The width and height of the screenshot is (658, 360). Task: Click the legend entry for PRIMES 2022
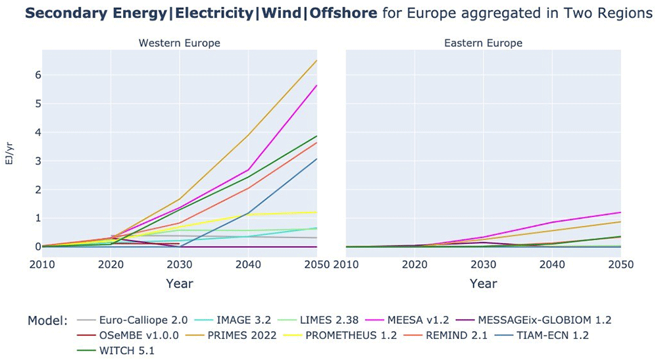[235, 335]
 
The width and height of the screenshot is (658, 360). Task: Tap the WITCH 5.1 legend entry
[116, 350]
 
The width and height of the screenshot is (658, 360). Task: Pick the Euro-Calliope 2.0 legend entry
[132, 320]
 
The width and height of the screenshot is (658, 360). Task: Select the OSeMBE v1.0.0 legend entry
[128, 335]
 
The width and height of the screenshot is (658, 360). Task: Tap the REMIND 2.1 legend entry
[445, 335]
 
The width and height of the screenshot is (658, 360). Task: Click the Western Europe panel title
[179, 43]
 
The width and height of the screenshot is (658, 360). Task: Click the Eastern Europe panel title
[483, 43]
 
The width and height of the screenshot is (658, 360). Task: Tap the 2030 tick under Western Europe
[180, 265]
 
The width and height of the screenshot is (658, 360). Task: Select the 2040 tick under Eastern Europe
[552, 265]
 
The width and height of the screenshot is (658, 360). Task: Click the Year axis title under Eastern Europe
[483, 284]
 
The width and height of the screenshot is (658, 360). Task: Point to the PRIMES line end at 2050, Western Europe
[317, 61]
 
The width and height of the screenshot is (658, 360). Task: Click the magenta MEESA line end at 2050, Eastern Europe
[620, 213]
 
